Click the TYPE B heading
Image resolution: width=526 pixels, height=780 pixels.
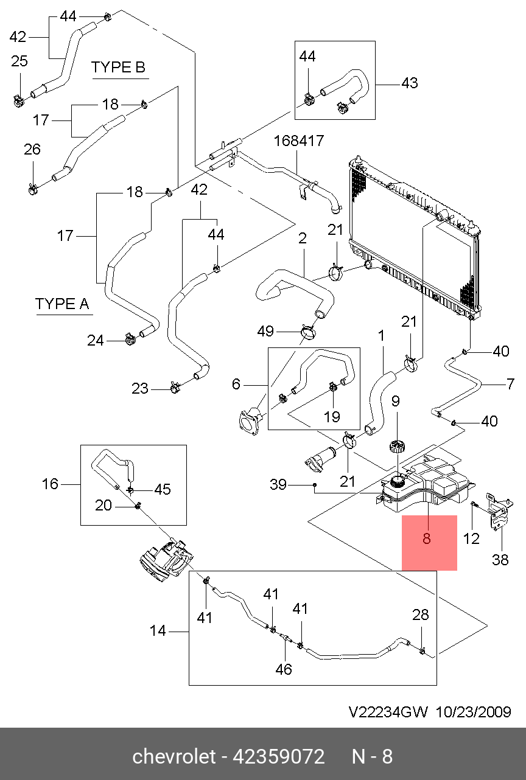tap(118, 67)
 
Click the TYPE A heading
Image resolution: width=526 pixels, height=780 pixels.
tap(62, 304)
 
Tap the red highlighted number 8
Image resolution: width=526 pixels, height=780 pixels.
tap(427, 538)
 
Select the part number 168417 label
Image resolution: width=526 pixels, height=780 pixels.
tap(299, 141)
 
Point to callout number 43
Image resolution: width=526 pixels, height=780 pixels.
tap(410, 83)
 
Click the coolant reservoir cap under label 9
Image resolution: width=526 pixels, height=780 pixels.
tap(396, 447)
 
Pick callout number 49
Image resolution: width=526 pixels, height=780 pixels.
tap(265, 331)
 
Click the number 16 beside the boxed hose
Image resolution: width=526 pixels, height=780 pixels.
tap(50, 484)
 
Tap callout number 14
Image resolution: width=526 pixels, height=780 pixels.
tap(158, 630)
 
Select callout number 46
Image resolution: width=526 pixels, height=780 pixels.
tap(284, 669)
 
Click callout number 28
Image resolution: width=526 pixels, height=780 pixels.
tap(421, 615)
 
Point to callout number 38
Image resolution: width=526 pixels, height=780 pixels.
tap(500, 560)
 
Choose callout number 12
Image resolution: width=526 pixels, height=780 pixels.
tap(471, 538)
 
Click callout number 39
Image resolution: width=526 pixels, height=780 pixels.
tap(278, 484)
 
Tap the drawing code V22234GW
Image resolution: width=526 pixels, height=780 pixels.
tap(388, 712)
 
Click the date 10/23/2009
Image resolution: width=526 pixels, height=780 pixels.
tap(474, 712)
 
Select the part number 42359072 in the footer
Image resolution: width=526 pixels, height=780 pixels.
tap(278, 757)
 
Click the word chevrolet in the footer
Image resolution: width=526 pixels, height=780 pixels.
tap(174, 757)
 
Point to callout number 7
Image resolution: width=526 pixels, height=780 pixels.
tap(510, 384)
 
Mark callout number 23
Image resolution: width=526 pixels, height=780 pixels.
tap(139, 388)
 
